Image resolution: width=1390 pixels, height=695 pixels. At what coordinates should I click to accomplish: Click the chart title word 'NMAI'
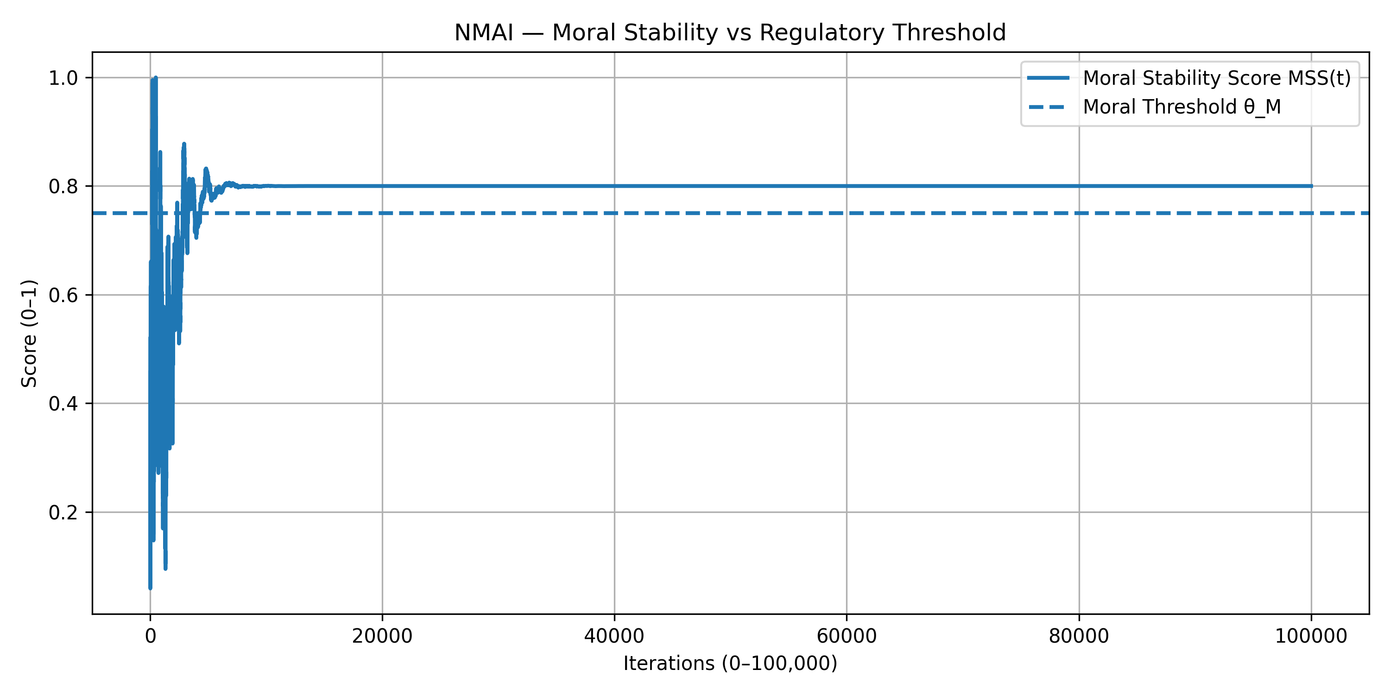[x=483, y=33]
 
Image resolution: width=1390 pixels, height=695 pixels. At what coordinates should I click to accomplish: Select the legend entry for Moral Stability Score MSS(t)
[x=1216, y=78]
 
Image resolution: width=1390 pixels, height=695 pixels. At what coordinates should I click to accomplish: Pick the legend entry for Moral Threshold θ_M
[x=1181, y=107]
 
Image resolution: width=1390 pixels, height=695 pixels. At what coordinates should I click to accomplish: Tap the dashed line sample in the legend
[x=1047, y=107]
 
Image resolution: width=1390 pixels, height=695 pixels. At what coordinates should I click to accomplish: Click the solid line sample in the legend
[x=1047, y=78]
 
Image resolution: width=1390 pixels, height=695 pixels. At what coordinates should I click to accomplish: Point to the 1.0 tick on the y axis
[x=63, y=78]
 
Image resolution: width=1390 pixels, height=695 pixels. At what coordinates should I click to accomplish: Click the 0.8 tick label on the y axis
[x=63, y=187]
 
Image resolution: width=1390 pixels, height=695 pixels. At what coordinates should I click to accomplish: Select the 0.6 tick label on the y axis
[x=63, y=295]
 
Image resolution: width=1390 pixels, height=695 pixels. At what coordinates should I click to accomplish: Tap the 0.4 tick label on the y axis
[x=63, y=404]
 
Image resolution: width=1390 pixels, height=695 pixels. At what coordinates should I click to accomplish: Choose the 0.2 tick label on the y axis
[x=63, y=512]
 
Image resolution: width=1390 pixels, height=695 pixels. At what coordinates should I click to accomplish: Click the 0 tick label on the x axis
[x=151, y=636]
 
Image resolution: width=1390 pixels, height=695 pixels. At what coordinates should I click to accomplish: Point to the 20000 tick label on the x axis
[x=382, y=636]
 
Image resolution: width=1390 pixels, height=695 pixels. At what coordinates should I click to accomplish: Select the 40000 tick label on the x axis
[x=614, y=636]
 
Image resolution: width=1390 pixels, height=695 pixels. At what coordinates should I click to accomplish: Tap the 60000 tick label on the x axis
[x=846, y=636]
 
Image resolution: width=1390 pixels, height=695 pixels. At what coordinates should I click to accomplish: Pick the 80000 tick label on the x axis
[x=1079, y=636]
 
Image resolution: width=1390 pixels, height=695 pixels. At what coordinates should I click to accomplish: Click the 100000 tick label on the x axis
[x=1311, y=636]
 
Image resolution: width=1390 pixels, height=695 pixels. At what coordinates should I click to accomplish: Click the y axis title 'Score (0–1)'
[x=29, y=334]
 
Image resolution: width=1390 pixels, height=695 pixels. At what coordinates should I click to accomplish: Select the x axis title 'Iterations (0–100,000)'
[x=730, y=663]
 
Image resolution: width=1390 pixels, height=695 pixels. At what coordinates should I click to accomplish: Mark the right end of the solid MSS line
[x=1311, y=186]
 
